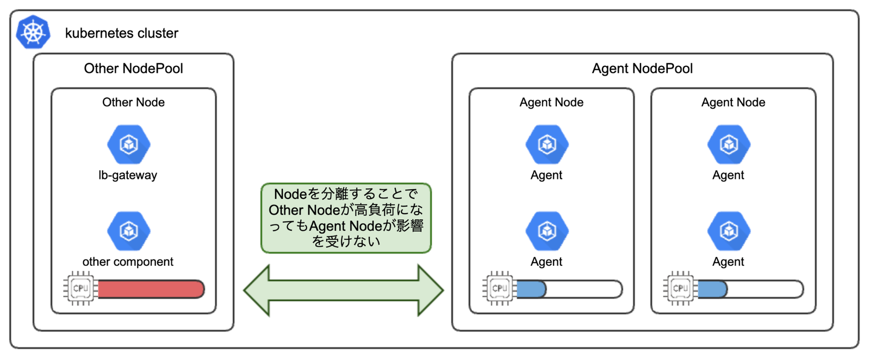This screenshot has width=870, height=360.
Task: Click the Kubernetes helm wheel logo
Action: [x=33, y=32]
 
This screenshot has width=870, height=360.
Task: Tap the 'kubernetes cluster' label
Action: [x=121, y=33]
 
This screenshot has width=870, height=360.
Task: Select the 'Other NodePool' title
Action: [x=133, y=69]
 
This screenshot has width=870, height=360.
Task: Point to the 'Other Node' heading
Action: [x=133, y=102]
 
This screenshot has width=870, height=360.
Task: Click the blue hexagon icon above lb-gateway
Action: [x=129, y=144]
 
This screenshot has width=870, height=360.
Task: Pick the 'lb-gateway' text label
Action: [x=128, y=175]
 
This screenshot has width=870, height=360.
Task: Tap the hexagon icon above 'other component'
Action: [x=129, y=231]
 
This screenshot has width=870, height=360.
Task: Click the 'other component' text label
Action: [x=128, y=262]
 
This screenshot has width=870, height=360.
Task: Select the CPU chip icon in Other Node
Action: [x=80, y=288]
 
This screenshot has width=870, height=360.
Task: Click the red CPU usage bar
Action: [x=150, y=289]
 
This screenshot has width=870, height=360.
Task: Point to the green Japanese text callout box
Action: [x=346, y=218]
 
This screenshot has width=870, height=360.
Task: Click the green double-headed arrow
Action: [x=344, y=290]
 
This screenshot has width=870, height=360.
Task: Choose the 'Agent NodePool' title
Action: [x=642, y=69]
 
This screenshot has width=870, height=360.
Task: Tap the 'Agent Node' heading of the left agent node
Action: [x=551, y=102]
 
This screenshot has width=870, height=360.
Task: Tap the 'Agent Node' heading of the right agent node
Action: [x=733, y=102]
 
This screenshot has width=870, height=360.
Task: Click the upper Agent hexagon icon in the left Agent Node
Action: [x=547, y=144]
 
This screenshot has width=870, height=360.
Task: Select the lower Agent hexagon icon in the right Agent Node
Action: [x=729, y=231]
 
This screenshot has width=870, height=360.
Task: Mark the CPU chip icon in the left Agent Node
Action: [x=499, y=288]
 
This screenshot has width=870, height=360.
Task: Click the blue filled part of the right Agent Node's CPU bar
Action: [x=712, y=289]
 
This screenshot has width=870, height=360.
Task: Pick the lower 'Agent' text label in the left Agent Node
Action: [x=546, y=262]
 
